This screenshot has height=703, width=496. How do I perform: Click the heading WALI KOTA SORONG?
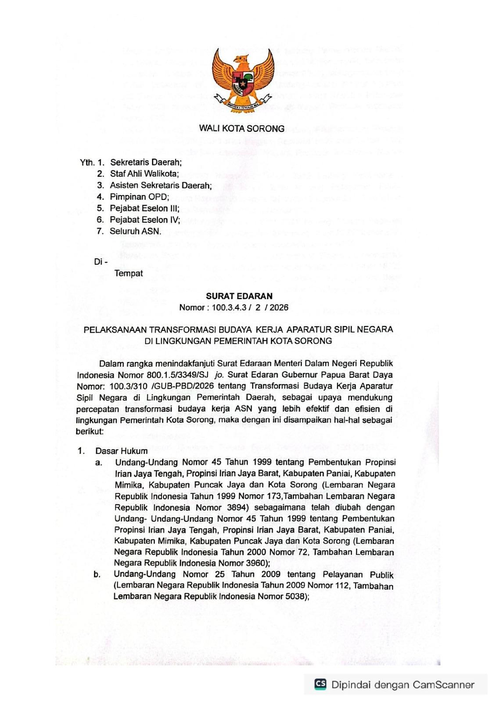(242, 129)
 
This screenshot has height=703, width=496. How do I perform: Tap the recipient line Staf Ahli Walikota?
(144, 174)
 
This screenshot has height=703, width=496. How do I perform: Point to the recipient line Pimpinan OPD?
(139, 197)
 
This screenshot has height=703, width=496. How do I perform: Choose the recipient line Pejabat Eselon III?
(144, 208)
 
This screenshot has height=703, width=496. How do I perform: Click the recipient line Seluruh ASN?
(135, 231)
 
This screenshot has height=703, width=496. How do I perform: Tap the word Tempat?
(129, 273)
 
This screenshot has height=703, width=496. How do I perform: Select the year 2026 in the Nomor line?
(279, 308)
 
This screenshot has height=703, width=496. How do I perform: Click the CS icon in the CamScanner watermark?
(320, 684)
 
